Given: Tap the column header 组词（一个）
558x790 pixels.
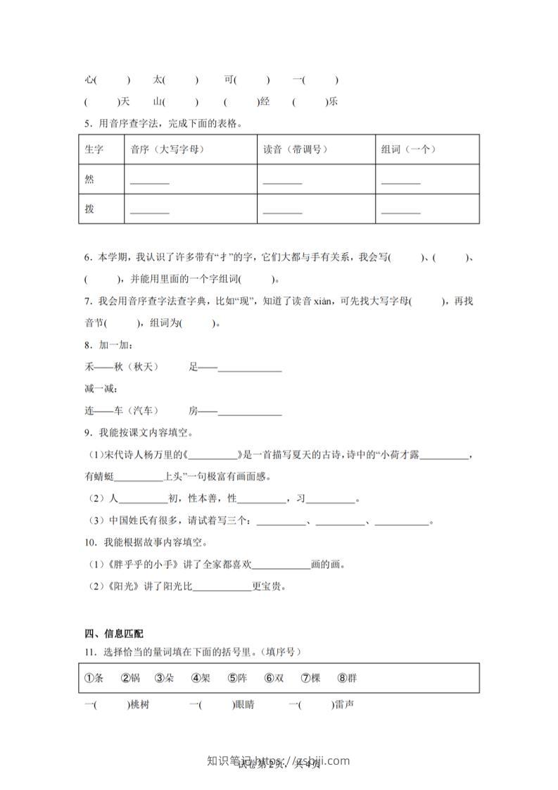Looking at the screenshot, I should [x=409, y=149].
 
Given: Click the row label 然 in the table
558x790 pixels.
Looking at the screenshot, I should [x=89, y=180].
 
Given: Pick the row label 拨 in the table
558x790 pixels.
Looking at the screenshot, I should [x=89, y=209].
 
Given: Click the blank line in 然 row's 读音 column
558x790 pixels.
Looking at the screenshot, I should [x=282, y=182].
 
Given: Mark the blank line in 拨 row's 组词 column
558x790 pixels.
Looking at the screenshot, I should [x=400, y=212].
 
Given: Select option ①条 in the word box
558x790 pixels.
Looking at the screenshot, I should [x=94, y=678].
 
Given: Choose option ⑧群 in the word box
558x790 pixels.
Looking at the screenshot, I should [x=347, y=678].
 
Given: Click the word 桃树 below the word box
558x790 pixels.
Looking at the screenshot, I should [x=139, y=705].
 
